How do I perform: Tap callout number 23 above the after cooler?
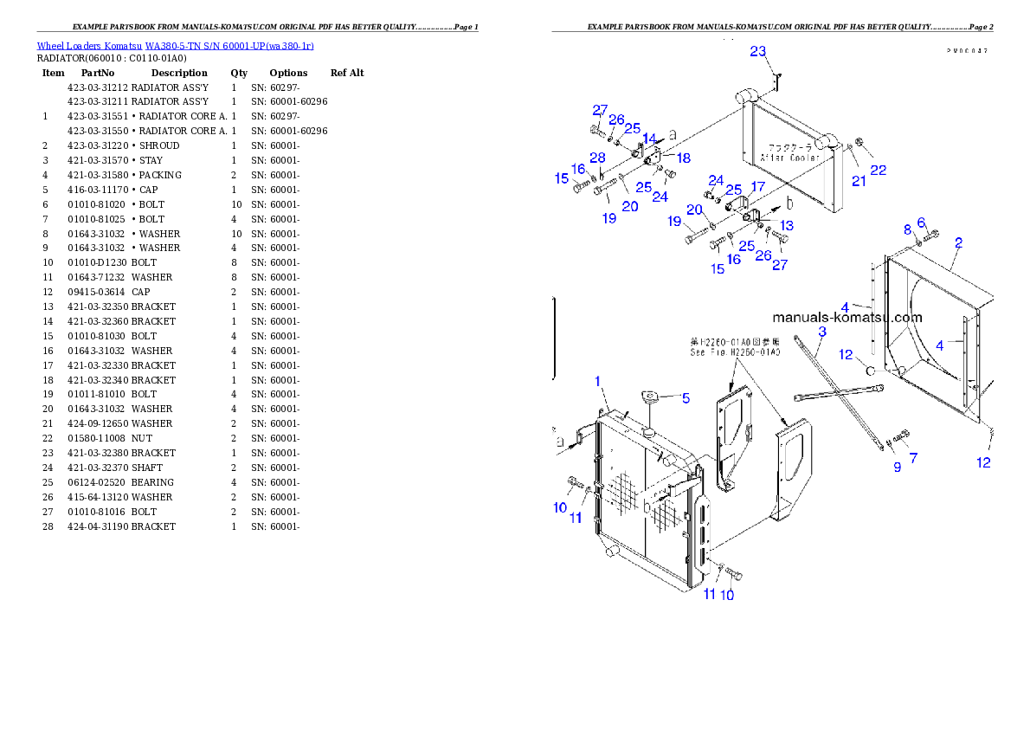point(757,52)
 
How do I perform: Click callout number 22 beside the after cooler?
point(878,171)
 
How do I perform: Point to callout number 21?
point(859,180)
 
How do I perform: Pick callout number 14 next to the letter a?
point(648,139)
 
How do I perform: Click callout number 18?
point(684,158)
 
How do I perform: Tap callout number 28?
point(597,157)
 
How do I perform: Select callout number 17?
point(757,186)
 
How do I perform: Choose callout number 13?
point(786,225)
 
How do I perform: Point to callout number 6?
point(921,222)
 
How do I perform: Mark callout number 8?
point(907,229)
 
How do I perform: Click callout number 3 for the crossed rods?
point(821,332)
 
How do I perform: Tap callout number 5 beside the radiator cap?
point(686,398)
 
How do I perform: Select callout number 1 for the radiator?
point(597,381)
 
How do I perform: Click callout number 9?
point(897,467)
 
